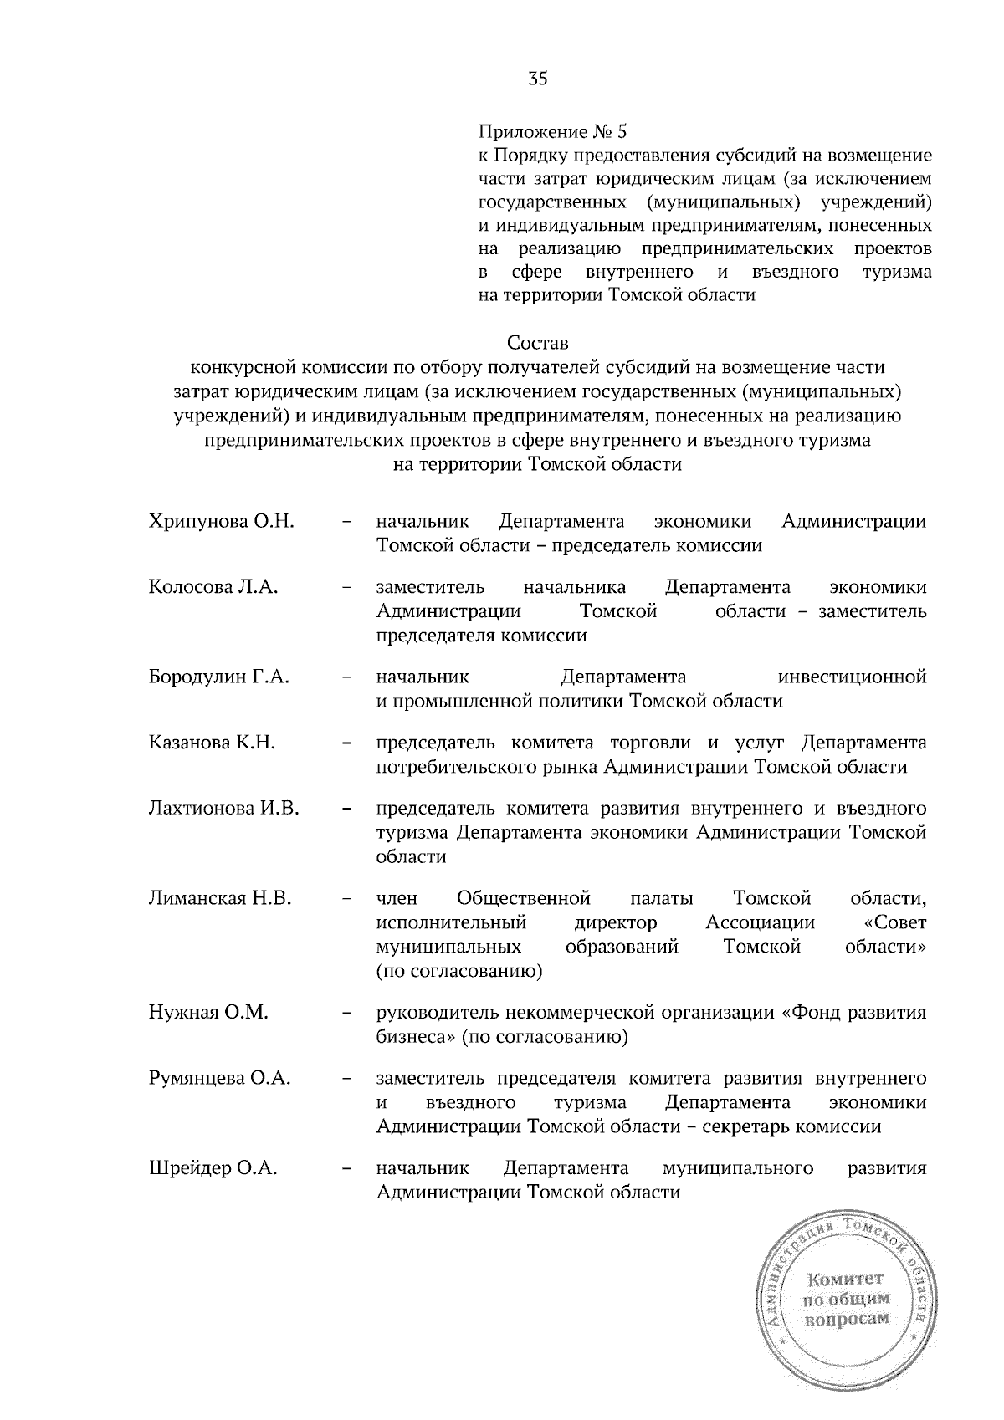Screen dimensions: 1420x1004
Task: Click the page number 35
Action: pyautogui.click(x=537, y=79)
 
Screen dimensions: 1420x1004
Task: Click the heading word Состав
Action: pyautogui.click(x=537, y=343)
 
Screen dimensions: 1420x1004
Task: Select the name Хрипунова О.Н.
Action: pyautogui.click(x=221, y=522)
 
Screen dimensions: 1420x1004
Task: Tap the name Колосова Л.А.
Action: pyautogui.click(x=213, y=587)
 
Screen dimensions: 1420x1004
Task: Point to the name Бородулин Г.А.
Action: pyautogui.click(x=219, y=677)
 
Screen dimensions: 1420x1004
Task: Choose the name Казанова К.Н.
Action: pyautogui.click(x=213, y=743)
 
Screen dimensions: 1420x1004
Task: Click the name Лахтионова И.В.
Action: pyautogui.click(x=223, y=809)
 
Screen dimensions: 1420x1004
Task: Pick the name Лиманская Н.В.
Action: pyautogui.click(x=220, y=899)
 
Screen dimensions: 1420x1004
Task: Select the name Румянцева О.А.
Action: pyautogui.click(x=220, y=1079)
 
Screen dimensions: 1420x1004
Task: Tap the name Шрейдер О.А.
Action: pyautogui.click(x=213, y=1168)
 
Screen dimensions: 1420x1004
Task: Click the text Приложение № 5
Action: pyautogui.click(x=551, y=132)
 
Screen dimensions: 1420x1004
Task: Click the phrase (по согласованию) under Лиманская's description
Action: pyautogui.click(x=459, y=972)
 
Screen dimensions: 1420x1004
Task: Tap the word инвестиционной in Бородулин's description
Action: pyautogui.click(x=852, y=677)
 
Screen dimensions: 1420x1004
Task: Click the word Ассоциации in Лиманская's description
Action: pyautogui.click(x=760, y=923)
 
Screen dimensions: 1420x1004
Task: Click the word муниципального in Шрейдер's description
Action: pyautogui.click(x=738, y=1168)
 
